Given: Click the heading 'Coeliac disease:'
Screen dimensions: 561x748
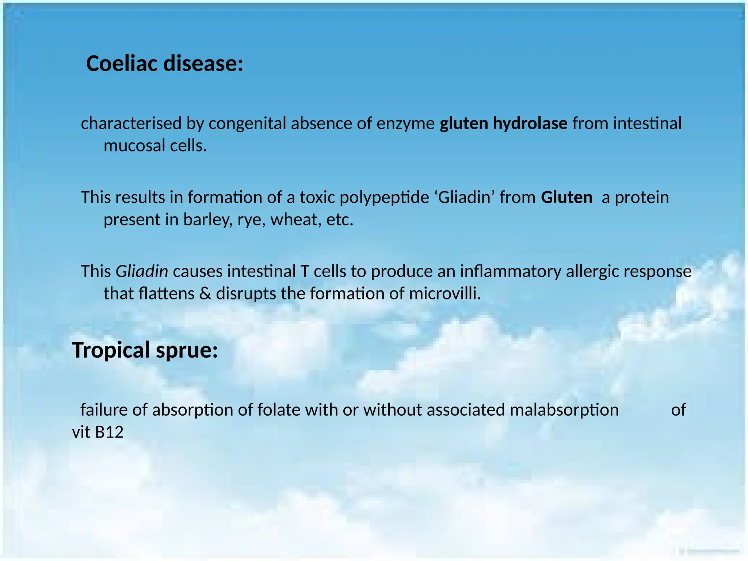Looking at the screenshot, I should pos(164,64).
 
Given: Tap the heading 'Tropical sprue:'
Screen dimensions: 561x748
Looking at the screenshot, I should pos(145,350).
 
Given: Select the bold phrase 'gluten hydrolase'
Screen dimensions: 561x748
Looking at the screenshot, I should pos(503,123).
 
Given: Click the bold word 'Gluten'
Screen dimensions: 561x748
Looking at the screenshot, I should pos(566,198).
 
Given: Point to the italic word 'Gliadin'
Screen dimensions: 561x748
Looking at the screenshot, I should pos(142,271).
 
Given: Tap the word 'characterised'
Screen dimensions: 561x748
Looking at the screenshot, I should pos(131,123).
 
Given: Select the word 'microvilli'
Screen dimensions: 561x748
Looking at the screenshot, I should pos(444,294).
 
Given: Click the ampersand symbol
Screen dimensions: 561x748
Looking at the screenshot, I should pos(205,294).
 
